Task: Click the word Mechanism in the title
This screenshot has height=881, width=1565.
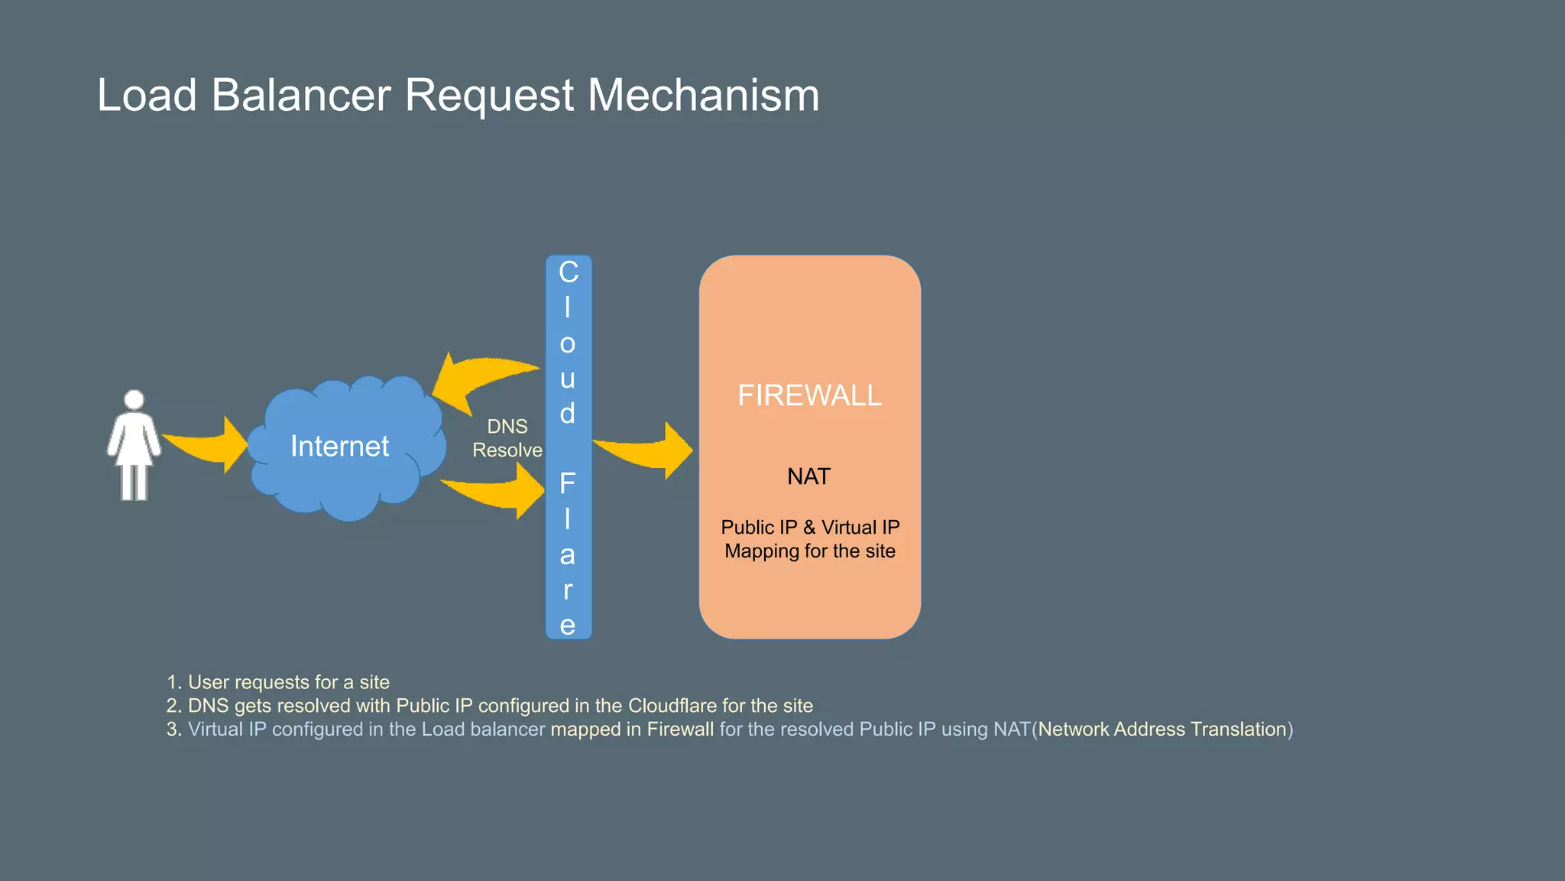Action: coord(703,96)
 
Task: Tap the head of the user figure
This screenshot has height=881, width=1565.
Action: coord(134,399)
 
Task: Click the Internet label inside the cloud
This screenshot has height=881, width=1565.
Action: coord(339,446)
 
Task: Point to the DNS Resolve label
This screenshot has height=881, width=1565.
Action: coord(507,438)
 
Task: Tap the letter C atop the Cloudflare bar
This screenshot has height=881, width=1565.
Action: coord(569,272)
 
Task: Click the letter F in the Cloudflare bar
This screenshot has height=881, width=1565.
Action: coord(567,483)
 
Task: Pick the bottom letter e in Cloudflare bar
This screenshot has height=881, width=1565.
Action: coord(567,625)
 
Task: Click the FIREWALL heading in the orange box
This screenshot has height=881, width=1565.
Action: coord(809,395)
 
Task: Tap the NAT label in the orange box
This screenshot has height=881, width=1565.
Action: coord(808,476)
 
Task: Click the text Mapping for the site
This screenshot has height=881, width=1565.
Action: coord(809,551)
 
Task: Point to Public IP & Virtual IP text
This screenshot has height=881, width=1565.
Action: coord(809,527)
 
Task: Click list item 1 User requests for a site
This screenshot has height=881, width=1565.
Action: coord(279,681)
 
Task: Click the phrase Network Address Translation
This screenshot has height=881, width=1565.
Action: coord(1162,729)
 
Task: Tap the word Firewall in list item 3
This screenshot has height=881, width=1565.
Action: coord(680,729)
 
